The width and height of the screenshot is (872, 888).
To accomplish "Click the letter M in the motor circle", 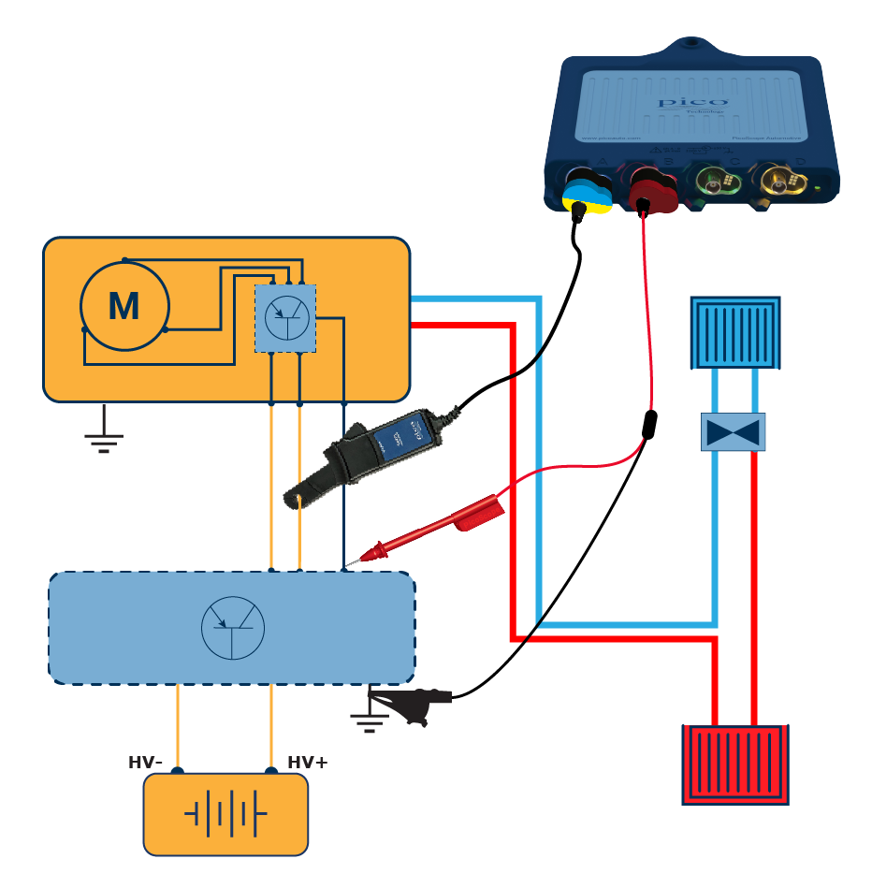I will [124, 307].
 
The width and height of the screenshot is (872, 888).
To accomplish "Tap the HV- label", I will [145, 763].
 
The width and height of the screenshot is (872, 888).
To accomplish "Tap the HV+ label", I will [308, 763].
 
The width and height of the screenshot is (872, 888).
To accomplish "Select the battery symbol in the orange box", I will [225, 814].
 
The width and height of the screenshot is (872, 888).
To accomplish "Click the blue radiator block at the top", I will [734, 332].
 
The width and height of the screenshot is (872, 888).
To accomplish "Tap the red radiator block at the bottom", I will [734, 764].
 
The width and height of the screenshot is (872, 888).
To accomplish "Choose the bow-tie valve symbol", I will [733, 432].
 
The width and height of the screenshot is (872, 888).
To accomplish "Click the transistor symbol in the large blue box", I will [233, 627].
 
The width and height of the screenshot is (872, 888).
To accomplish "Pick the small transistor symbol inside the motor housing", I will [286, 318].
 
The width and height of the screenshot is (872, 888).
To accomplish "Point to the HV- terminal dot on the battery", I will [178, 772].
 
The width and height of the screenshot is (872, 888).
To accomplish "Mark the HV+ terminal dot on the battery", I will [271, 772].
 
